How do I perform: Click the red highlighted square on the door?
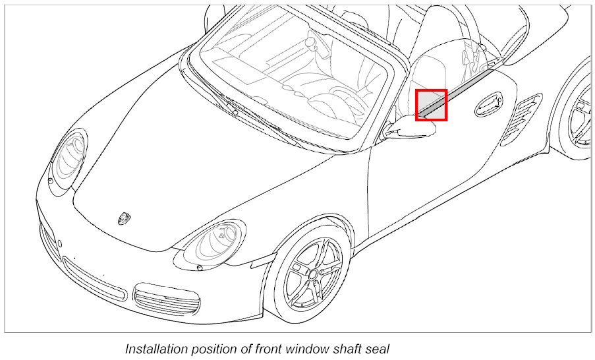[x=432, y=105]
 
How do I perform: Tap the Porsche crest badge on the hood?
[x=124, y=218]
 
